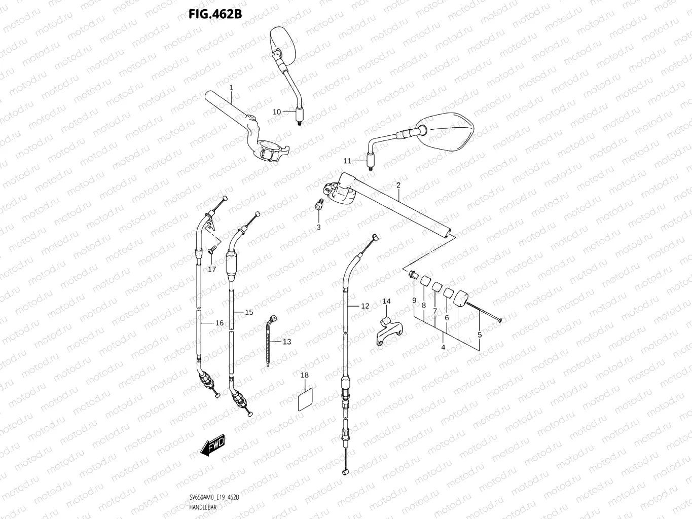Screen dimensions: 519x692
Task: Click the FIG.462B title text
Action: point(215,14)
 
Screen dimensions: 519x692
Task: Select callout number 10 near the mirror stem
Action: point(277,112)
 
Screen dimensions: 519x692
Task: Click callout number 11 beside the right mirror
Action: point(347,161)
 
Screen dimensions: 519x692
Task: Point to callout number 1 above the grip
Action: point(231,88)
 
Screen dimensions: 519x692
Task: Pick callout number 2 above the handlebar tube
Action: point(398,185)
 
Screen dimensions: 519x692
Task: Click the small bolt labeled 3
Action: point(319,205)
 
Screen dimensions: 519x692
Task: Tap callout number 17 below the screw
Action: point(212,269)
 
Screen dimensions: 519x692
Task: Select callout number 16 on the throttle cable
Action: point(220,323)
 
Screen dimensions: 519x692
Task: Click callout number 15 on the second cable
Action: point(249,312)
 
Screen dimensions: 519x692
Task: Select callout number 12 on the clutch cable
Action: point(365,306)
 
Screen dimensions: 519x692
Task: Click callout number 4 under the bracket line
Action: point(443,347)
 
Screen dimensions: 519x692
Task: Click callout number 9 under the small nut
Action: point(414,301)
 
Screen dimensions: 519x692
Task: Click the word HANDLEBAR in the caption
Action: point(203,507)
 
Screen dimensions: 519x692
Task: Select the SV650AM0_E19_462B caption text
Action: point(214,498)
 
